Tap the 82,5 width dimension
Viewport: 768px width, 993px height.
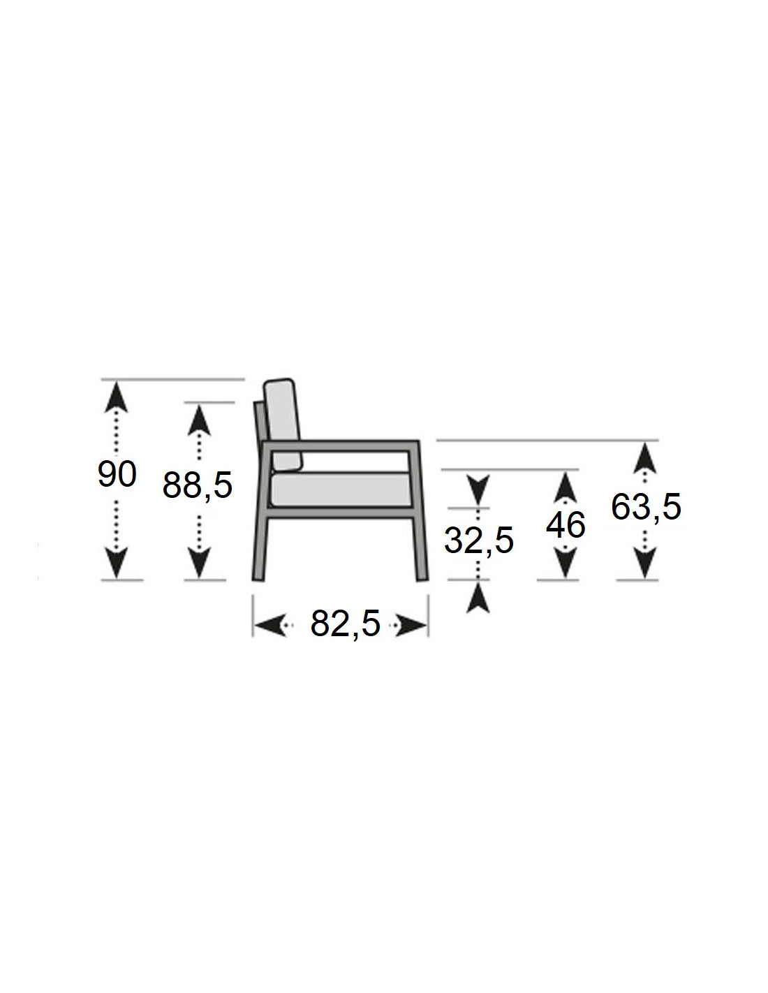point(346,624)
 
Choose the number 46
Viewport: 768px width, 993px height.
point(566,525)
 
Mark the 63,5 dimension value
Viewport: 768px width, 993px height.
point(646,507)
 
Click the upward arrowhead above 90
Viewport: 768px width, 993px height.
point(117,397)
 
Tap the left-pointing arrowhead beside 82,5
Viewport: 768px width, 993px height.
point(269,625)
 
